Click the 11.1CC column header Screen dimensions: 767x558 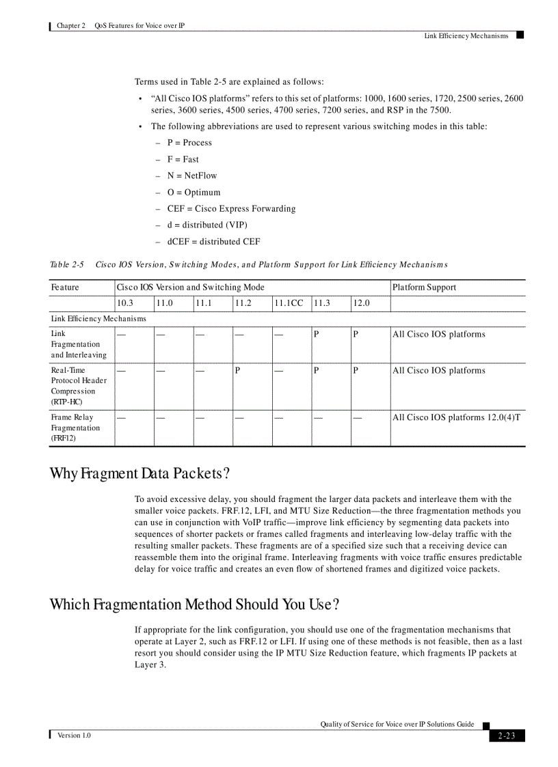click(x=289, y=303)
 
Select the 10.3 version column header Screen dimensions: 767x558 click(x=124, y=303)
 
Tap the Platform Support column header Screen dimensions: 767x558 click(x=424, y=288)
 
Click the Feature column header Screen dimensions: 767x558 click(x=65, y=288)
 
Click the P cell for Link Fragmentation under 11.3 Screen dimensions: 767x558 click(x=317, y=335)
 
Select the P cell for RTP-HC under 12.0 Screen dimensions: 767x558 click(x=356, y=371)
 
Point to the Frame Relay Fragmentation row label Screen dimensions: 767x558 click(x=75, y=428)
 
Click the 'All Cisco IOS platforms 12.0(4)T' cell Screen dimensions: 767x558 click(x=456, y=417)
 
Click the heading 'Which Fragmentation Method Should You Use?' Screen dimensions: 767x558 click(x=194, y=604)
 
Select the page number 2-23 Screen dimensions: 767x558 click(x=507, y=736)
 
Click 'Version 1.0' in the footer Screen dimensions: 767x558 click(x=74, y=736)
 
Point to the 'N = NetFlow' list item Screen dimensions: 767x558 click(x=192, y=176)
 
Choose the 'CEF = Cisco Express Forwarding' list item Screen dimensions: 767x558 click(x=231, y=208)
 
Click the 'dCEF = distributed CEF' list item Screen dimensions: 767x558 click(x=213, y=241)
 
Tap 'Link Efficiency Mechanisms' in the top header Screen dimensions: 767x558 click(x=466, y=36)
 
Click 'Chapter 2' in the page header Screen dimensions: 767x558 click(x=71, y=25)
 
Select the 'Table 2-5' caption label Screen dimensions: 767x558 click(x=66, y=264)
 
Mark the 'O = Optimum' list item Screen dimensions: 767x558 click(x=194, y=192)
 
